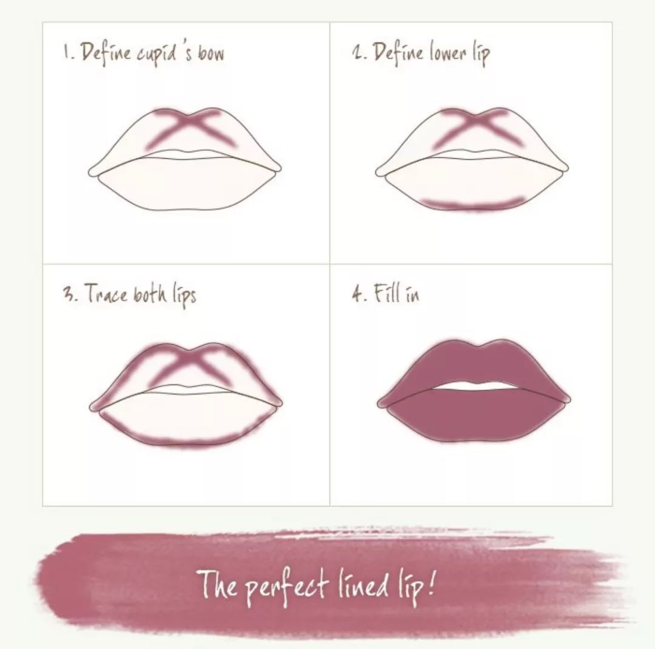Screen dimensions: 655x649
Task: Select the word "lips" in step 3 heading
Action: click(x=184, y=295)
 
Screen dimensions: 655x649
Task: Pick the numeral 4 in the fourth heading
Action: click(x=357, y=294)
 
